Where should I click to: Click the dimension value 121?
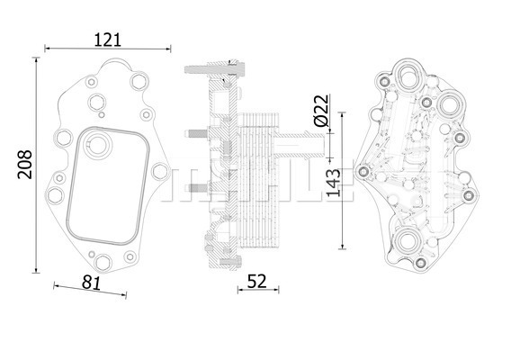click(x=108, y=40)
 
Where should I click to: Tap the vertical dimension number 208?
click(x=25, y=165)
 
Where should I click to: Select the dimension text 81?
click(x=92, y=283)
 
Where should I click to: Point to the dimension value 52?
click(x=256, y=282)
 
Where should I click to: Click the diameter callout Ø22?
click(x=322, y=110)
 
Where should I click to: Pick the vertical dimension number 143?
click(x=333, y=183)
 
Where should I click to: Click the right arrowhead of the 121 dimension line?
click(x=168, y=49)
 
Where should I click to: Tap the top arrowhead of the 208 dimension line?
click(x=36, y=60)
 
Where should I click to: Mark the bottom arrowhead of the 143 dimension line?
click(x=342, y=247)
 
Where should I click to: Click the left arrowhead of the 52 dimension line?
click(x=240, y=290)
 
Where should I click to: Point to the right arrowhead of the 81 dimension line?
click(x=124, y=295)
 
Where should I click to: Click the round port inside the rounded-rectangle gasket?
click(x=97, y=143)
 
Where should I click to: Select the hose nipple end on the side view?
click(x=316, y=145)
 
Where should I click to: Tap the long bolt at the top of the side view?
click(x=214, y=69)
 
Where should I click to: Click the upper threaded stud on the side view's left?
click(x=196, y=134)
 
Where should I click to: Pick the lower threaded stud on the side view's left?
click(x=196, y=188)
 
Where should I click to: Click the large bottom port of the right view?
click(x=407, y=241)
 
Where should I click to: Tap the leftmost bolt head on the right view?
click(x=363, y=170)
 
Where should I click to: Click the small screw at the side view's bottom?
click(x=230, y=262)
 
